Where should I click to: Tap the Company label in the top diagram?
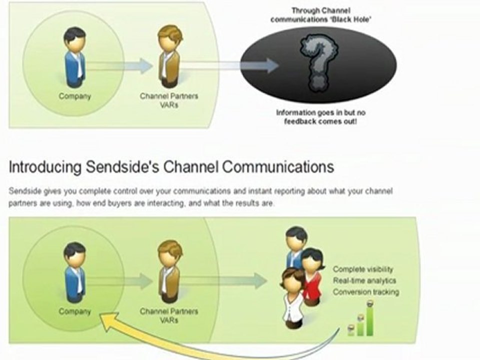click(75, 96)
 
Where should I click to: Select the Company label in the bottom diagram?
click(75, 311)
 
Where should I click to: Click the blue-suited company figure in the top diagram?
click(75, 57)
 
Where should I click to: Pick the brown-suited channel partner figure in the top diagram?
click(169, 57)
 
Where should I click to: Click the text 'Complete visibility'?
click(363, 269)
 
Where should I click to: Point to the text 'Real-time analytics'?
click(364, 280)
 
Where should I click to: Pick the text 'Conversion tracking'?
click(366, 291)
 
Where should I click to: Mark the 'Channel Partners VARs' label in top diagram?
click(169, 100)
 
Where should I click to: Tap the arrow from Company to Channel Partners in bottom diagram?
click(120, 281)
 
